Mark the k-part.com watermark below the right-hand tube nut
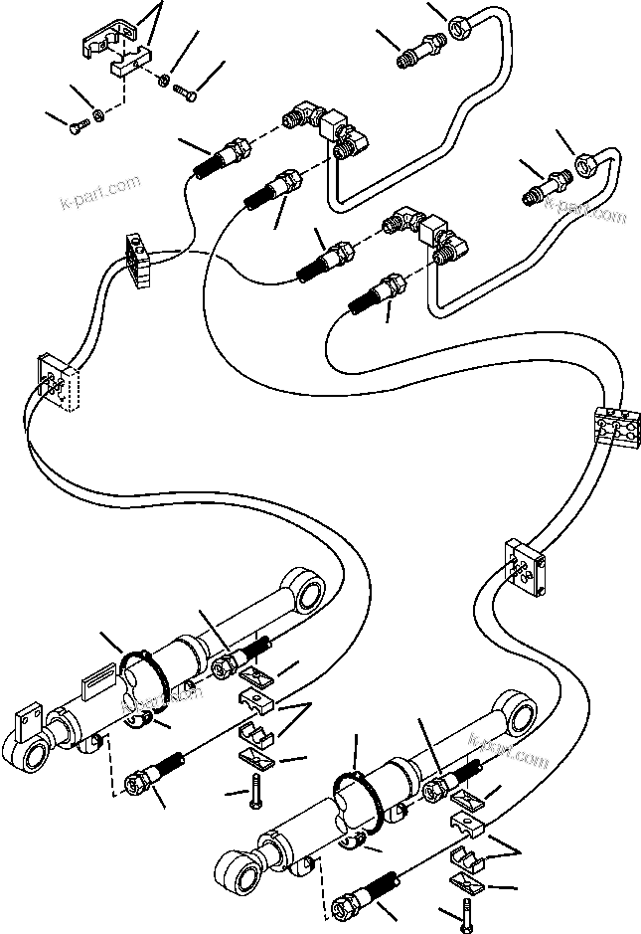point(590,210)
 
